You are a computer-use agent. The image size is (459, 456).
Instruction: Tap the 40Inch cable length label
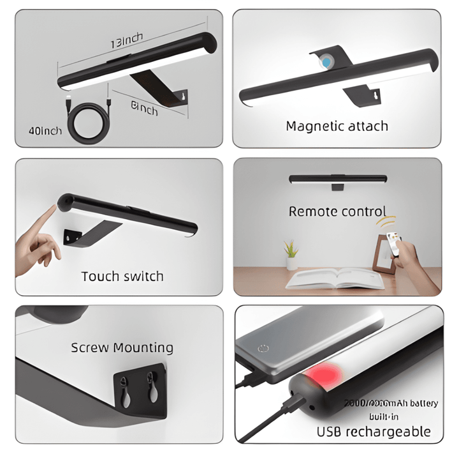pos(45,131)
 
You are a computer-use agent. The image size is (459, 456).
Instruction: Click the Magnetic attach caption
pos(337,126)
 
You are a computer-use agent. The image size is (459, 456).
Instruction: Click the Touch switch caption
pos(122,276)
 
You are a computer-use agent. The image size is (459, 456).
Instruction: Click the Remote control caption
pos(337,211)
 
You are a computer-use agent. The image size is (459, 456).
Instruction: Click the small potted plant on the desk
pos(292,255)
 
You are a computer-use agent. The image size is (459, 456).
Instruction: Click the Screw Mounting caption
pos(122,347)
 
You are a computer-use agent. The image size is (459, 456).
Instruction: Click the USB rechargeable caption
pos(374,432)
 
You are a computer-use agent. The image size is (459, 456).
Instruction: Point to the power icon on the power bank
pos(261,349)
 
